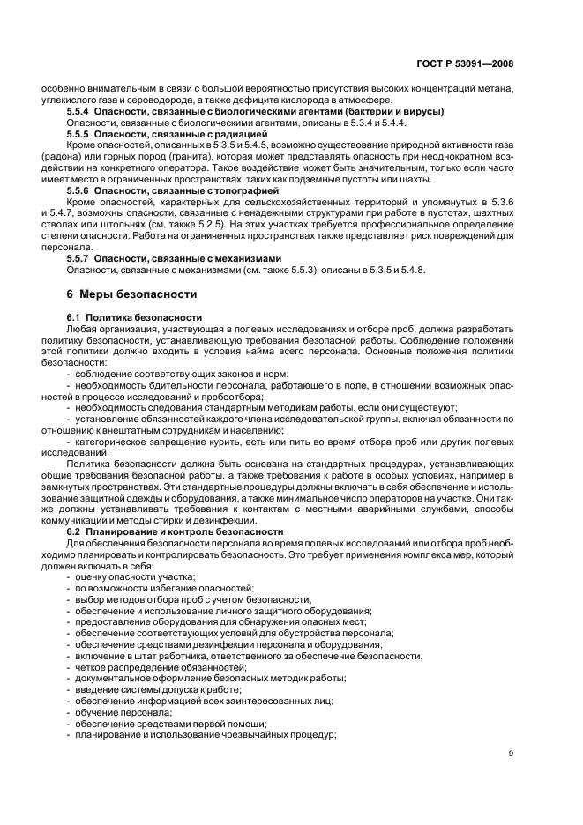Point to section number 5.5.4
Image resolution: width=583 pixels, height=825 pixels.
(82, 112)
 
